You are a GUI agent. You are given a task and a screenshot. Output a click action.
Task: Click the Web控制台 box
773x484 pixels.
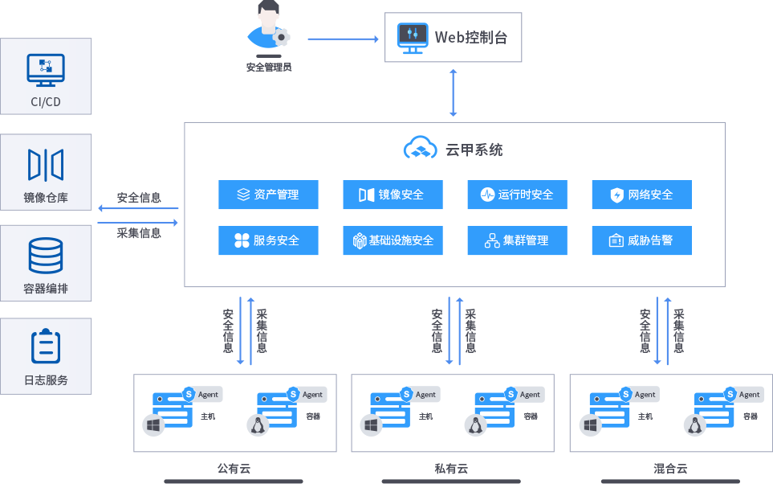click(x=453, y=37)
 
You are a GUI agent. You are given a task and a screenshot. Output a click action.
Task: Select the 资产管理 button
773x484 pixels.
click(x=268, y=195)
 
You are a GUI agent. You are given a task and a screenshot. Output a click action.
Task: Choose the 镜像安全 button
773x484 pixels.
click(x=393, y=195)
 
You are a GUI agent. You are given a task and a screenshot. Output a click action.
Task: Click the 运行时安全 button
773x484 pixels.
click(x=517, y=195)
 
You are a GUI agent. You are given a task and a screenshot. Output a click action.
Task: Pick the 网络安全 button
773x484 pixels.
click(x=641, y=195)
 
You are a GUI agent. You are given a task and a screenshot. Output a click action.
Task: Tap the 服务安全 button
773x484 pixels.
click(x=268, y=240)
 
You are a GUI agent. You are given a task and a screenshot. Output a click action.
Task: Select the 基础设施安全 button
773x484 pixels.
click(x=393, y=240)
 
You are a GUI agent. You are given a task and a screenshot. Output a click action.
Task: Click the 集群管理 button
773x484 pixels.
click(x=517, y=240)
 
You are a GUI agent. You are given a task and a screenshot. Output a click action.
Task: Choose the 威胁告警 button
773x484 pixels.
click(x=641, y=240)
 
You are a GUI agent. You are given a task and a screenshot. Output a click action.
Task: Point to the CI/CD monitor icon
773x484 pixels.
click(x=46, y=70)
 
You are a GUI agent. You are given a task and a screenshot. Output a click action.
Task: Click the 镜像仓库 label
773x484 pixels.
click(x=46, y=198)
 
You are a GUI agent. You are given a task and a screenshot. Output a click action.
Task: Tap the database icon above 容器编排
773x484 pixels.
click(x=46, y=256)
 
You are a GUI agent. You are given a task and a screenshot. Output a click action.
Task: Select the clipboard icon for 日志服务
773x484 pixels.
click(x=46, y=347)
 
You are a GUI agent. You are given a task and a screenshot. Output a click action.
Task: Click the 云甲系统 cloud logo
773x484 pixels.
click(x=419, y=149)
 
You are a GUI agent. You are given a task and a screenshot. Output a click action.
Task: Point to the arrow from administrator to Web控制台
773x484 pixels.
click(x=343, y=39)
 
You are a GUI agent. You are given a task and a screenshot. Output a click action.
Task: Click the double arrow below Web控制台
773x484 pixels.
click(x=454, y=92)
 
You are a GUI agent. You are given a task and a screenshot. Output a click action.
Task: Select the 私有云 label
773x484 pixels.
click(x=451, y=469)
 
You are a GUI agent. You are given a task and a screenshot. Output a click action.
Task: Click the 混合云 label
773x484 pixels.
click(x=670, y=469)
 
